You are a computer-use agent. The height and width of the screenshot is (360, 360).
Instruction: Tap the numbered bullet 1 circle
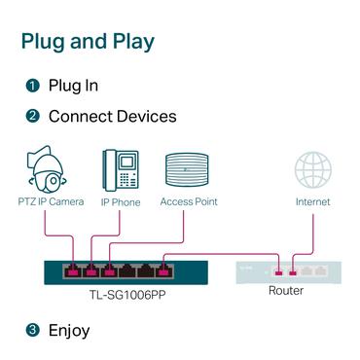(32, 86)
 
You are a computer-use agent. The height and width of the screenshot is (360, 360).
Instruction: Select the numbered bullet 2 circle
(32, 117)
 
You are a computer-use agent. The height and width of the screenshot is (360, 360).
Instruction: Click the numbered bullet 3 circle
(32, 330)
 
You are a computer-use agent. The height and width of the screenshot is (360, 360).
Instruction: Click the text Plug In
(73, 86)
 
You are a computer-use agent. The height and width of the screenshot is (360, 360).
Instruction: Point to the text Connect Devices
(112, 117)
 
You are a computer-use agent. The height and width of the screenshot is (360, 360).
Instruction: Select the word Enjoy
(69, 330)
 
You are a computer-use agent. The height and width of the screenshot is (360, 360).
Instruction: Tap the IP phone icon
(120, 169)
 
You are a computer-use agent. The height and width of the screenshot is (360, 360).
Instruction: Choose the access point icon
(188, 168)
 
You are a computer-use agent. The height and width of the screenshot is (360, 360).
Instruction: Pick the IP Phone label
(120, 202)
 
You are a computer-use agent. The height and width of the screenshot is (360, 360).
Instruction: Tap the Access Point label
(189, 202)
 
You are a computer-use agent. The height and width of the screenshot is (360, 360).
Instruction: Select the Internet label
(313, 202)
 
